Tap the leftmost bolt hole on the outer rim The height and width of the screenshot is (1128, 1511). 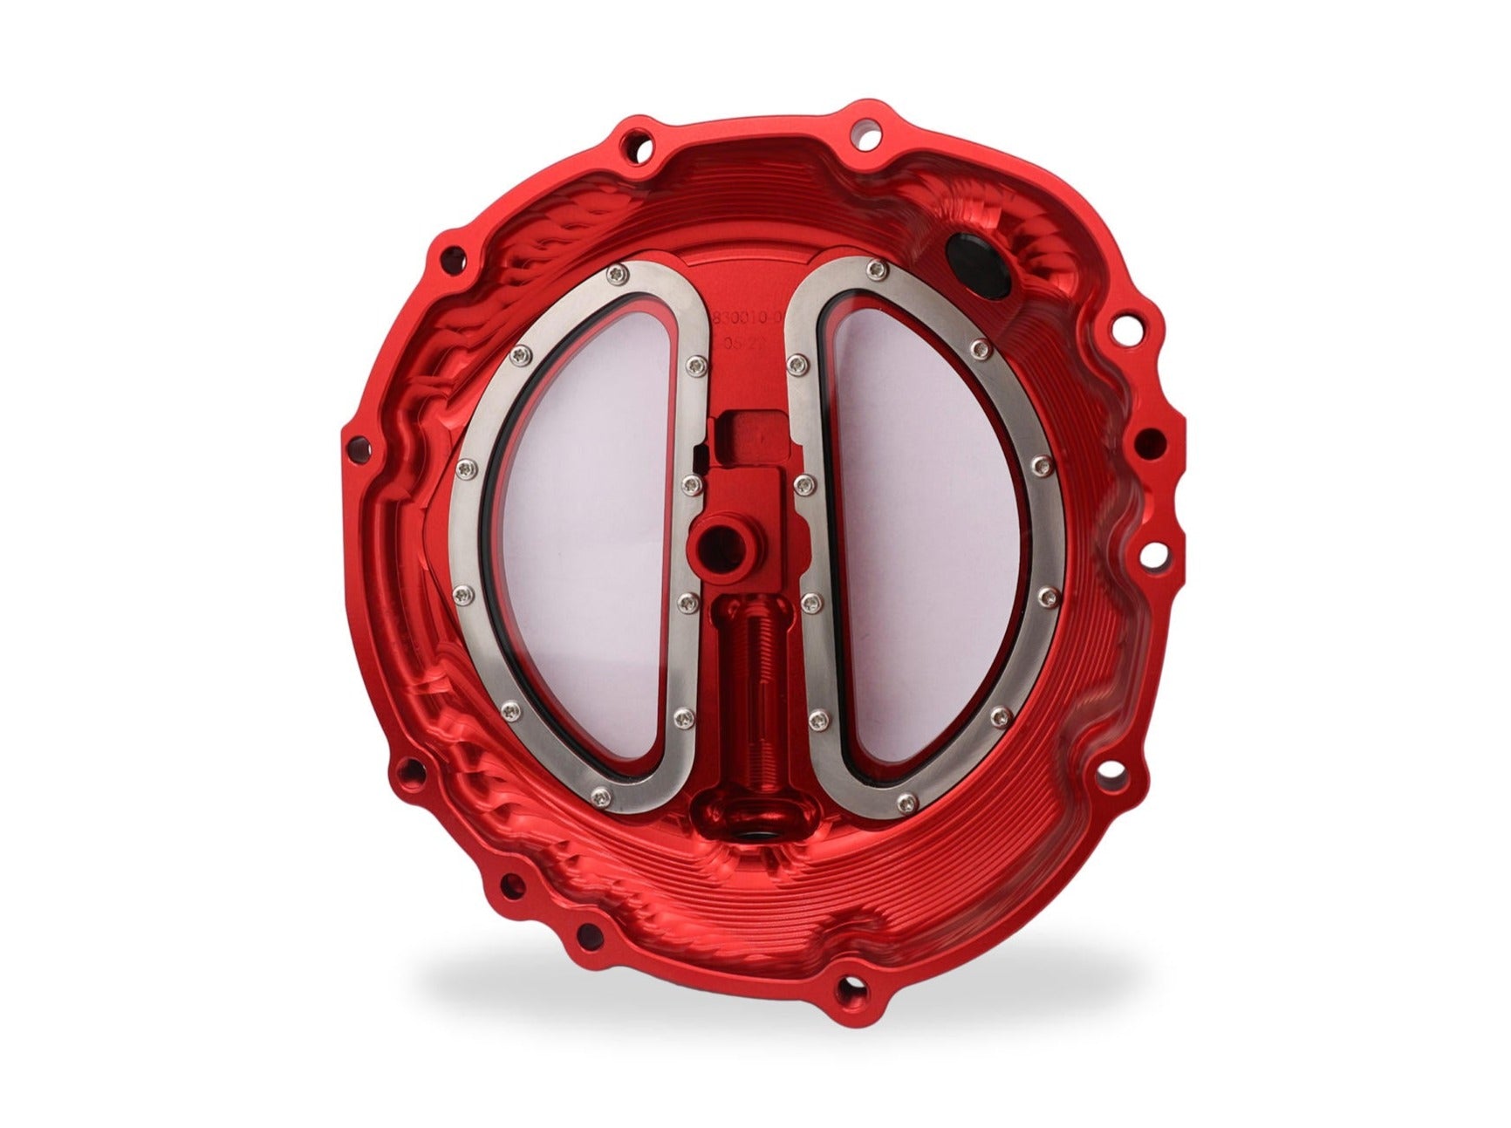[356, 451]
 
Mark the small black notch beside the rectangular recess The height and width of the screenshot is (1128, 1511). [695, 454]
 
